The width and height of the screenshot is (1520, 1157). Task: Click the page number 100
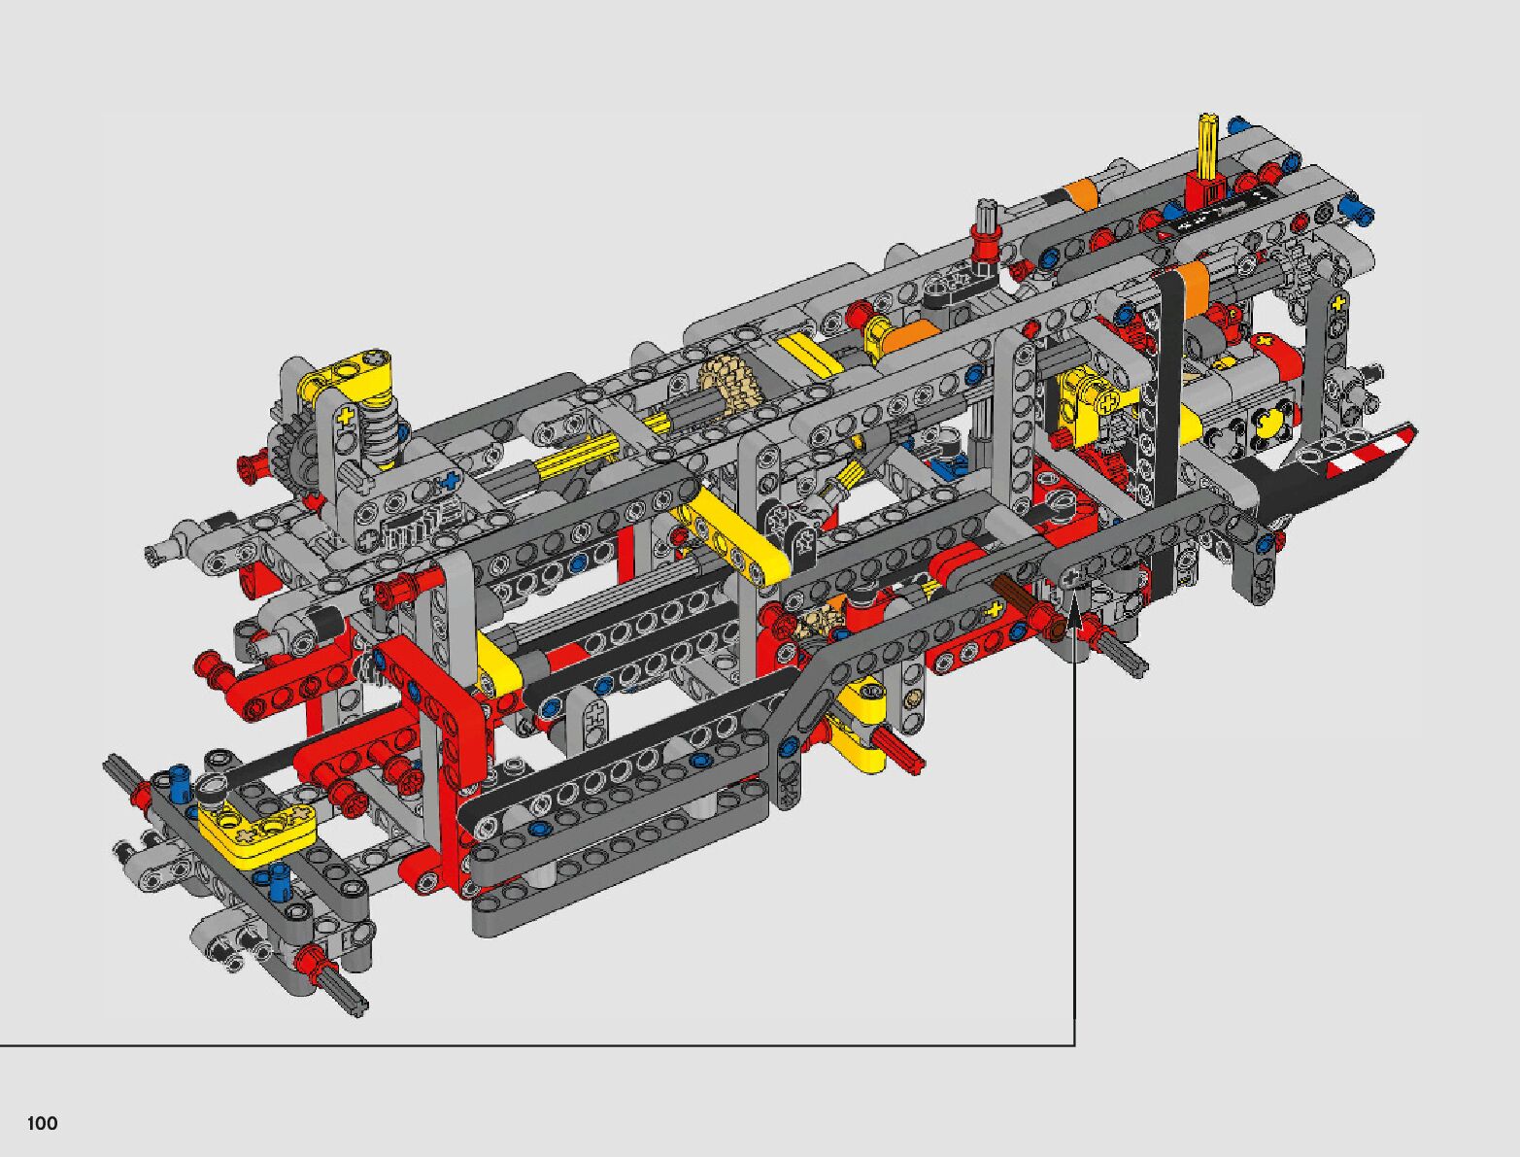tap(42, 1123)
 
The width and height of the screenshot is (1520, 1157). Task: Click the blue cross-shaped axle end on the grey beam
tap(452, 479)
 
